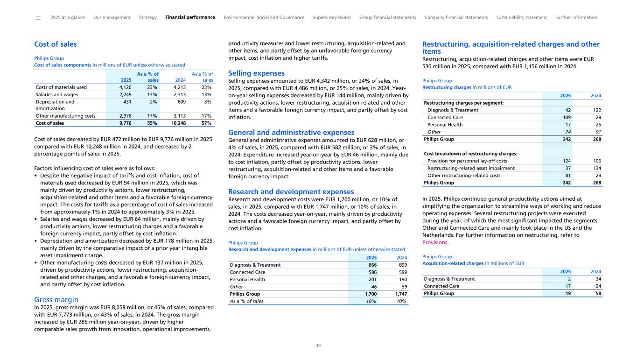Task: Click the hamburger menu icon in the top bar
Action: (38, 18)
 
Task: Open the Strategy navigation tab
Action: (148, 18)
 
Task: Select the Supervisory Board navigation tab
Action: (331, 18)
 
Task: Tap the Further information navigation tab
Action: (576, 18)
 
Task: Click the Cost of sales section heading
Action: (56, 44)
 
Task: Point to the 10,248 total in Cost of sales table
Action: (178, 123)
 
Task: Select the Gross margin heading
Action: (56, 300)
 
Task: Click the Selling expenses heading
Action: (256, 73)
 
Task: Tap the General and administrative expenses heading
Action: (291, 133)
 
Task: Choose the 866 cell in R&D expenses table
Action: (372, 265)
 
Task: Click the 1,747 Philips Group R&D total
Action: (401, 294)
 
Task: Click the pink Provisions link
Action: (435, 242)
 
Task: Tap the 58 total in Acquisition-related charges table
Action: (598, 294)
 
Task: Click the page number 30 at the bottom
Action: (318, 346)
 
